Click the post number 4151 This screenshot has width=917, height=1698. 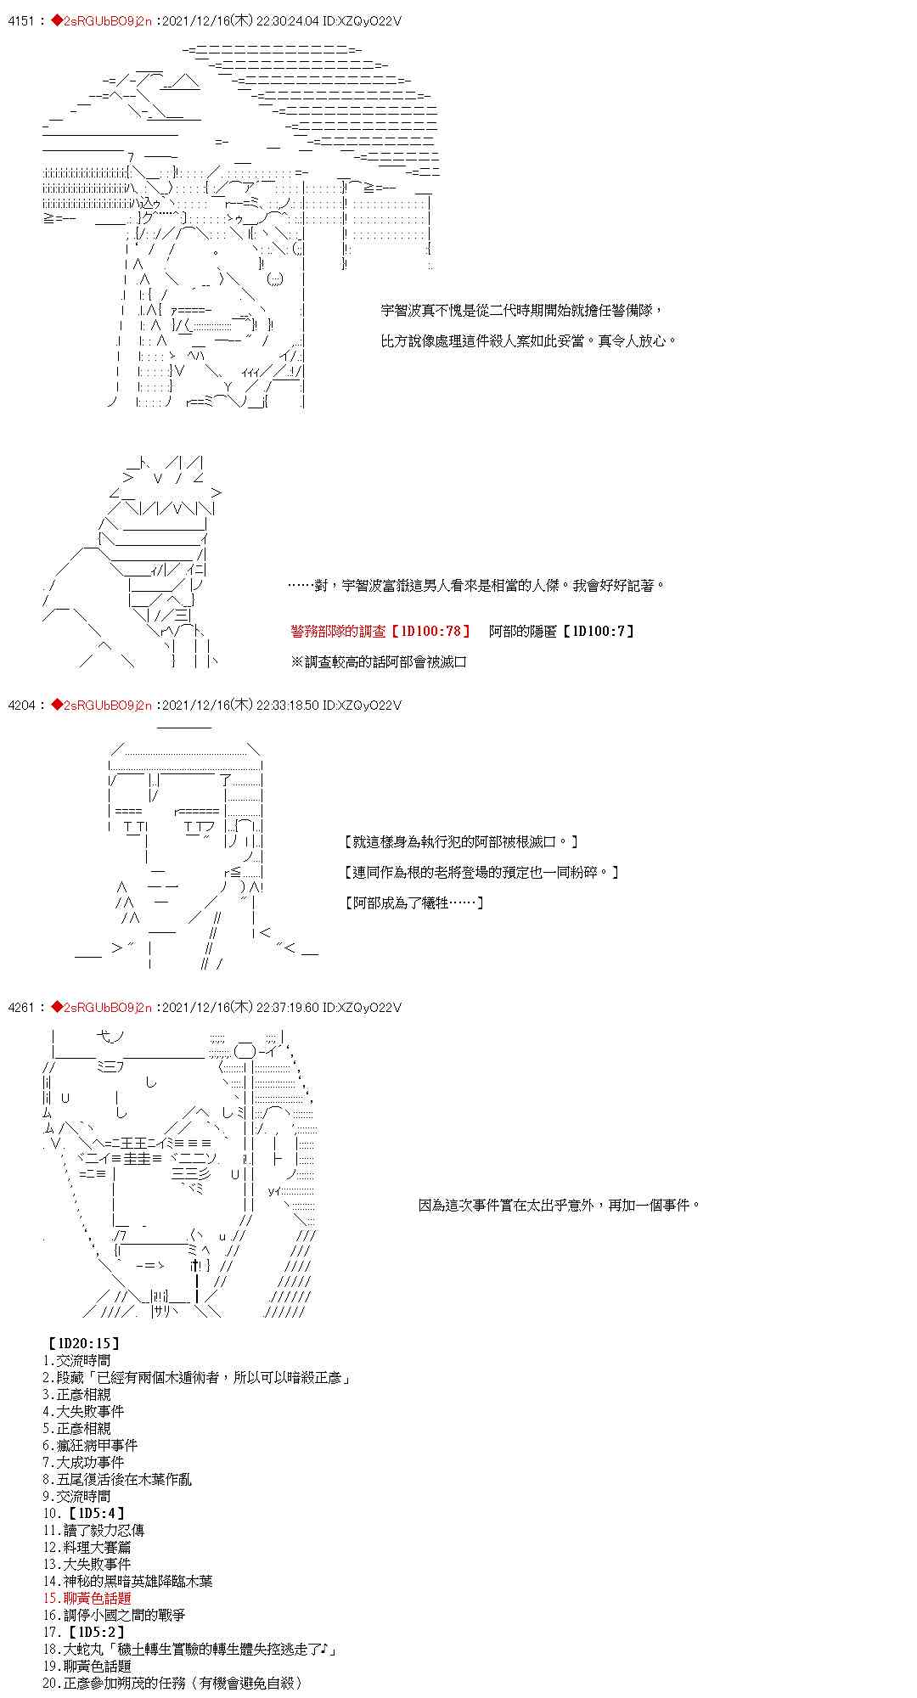click(x=20, y=21)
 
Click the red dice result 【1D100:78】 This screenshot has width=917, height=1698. click(x=430, y=631)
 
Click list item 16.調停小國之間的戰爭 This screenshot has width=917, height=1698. click(x=114, y=1615)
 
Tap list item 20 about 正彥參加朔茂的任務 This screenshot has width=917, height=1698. click(x=172, y=1683)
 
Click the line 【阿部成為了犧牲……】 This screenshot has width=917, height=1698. click(x=415, y=902)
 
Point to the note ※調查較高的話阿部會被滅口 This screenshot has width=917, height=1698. click(x=379, y=661)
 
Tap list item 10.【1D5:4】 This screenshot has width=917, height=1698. click(x=83, y=1513)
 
